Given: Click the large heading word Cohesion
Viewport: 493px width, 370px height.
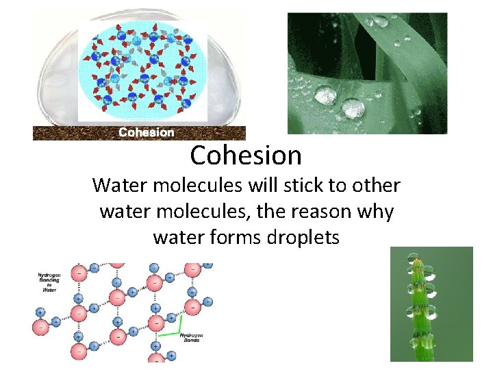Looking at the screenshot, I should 246,156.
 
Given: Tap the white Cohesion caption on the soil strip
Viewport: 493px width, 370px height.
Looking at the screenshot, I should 146,132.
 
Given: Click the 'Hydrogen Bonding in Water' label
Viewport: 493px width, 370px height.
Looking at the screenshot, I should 49,281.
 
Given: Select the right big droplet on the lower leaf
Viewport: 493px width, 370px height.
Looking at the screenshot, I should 353,108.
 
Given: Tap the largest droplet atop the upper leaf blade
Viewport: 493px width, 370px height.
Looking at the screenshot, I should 379,21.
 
